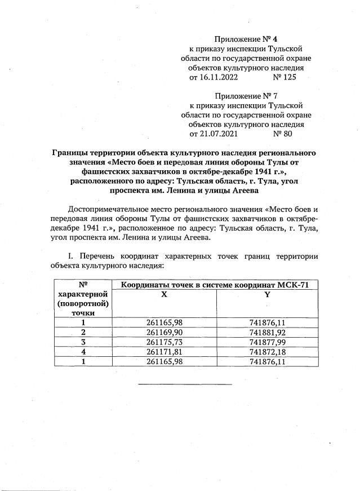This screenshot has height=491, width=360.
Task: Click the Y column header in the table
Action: click(267, 295)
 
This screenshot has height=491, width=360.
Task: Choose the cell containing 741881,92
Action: click(267, 332)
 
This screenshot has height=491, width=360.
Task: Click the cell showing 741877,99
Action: click(267, 342)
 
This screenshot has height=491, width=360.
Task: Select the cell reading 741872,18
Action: click(267, 351)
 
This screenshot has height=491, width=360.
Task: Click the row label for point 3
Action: click(83, 342)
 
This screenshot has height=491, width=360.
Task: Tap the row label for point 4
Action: click(83, 351)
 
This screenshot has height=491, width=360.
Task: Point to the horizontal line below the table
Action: click(185, 384)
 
